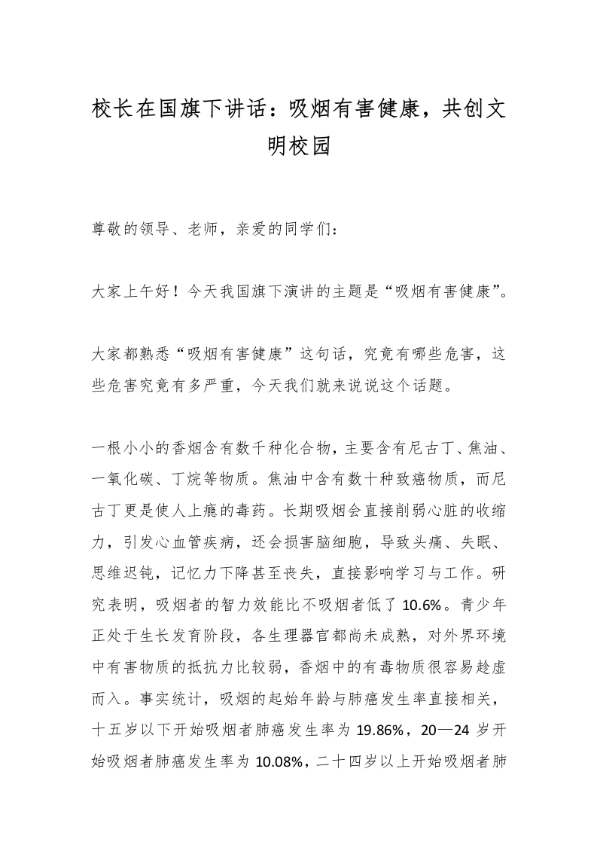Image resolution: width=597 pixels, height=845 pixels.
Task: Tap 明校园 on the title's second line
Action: pyautogui.click(x=299, y=145)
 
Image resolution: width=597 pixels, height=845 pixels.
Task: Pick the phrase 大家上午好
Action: pyautogui.click(x=129, y=291)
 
